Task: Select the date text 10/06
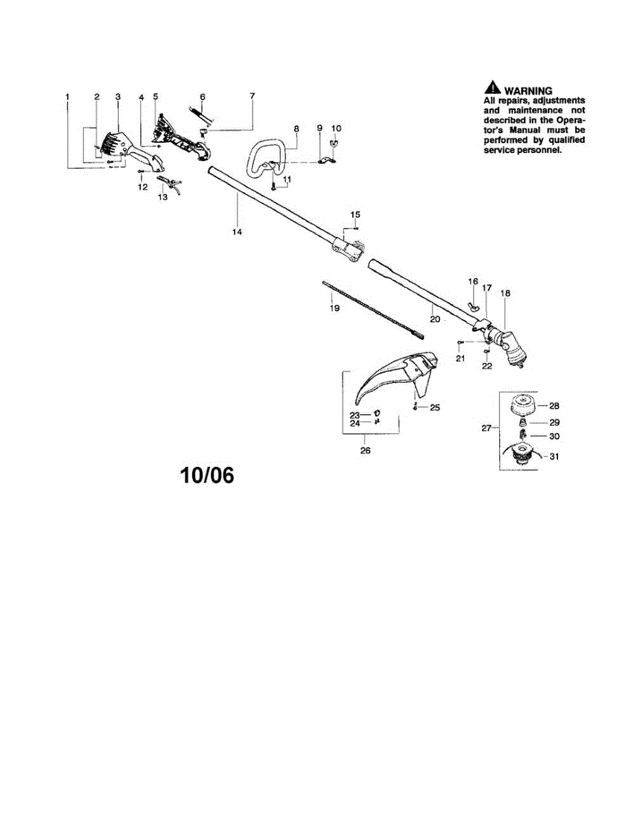pyautogui.click(x=207, y=475)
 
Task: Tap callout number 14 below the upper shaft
pyautogui.click(x=237, y=232)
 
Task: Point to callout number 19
pyautogui.click(x=334, y=308)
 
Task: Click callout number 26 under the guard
pyautogui.click(x=365, y=450)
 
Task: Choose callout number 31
pyautogui.click(x=553, y=456)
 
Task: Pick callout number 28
pyautogui.click(x=553, y=405)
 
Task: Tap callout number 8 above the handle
pyautogui.click(x=297, y=128)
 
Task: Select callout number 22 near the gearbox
pyautogui.click(x=487, y=366)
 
